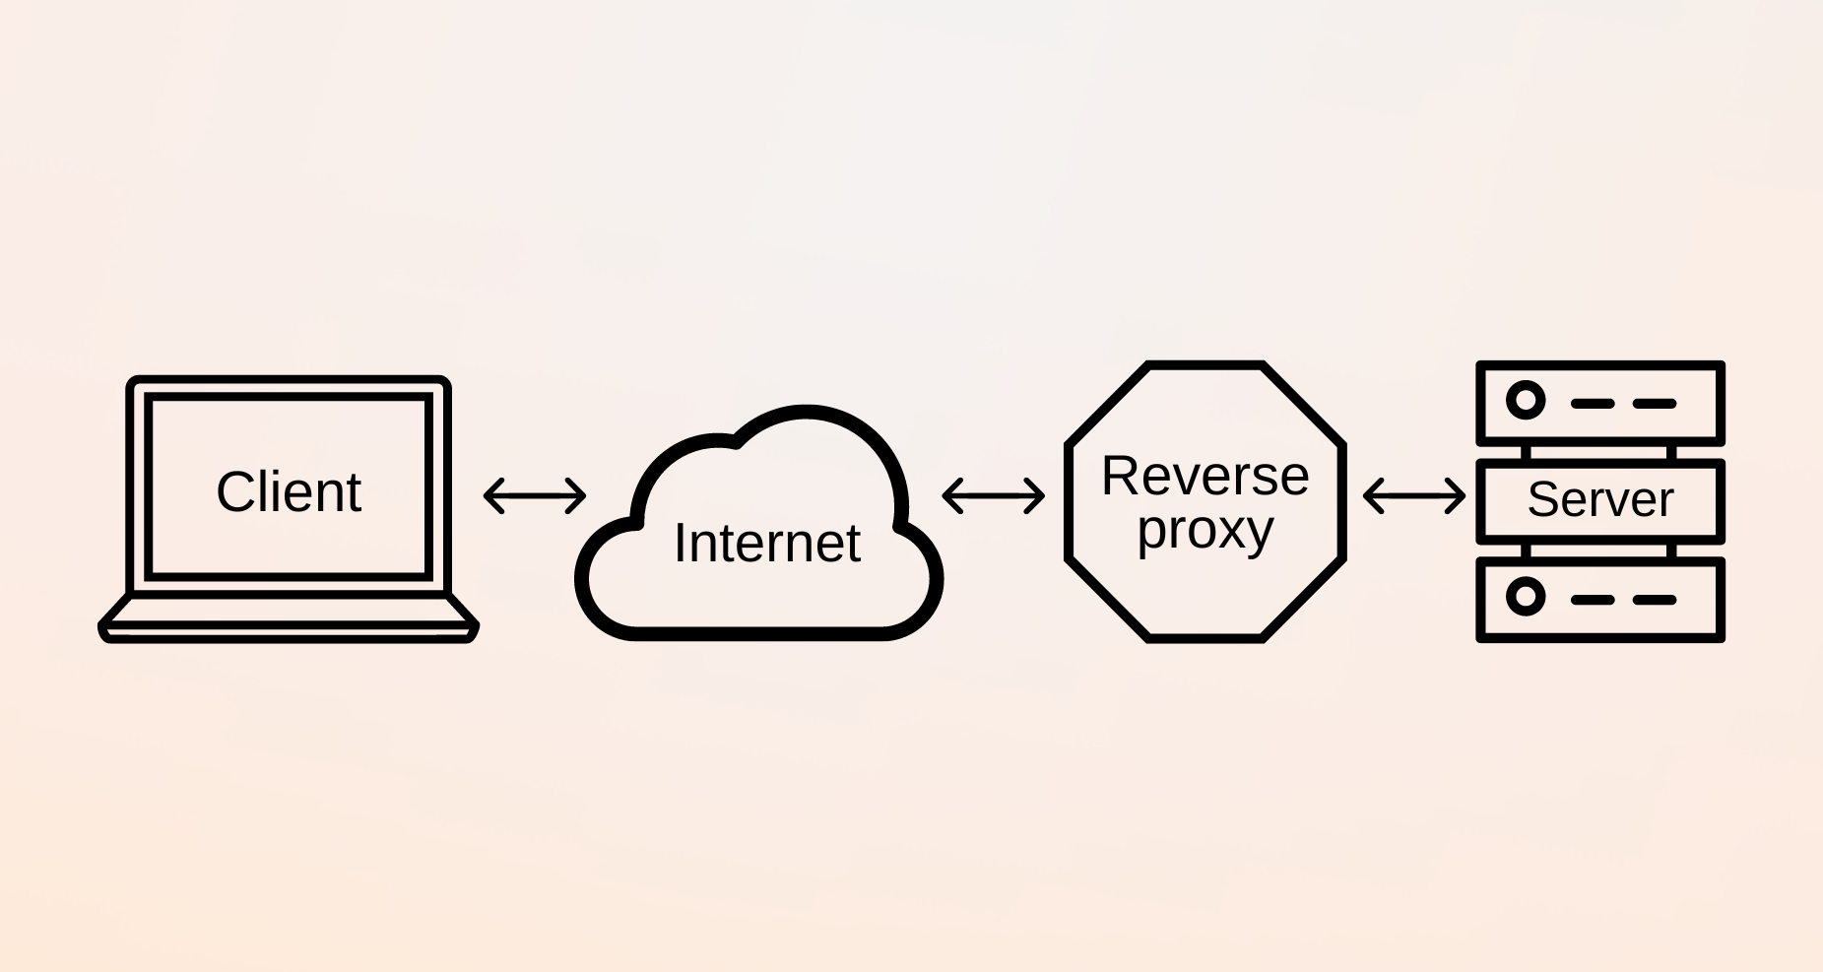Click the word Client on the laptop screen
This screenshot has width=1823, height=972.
click(289, 491)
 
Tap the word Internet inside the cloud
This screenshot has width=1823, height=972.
click(767, 543)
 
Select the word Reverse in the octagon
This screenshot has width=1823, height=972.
click(1204, 477)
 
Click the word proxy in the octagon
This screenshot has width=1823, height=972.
click(1204, 531)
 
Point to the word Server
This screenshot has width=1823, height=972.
click(1599, 499)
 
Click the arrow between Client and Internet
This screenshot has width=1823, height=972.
click(535, 495)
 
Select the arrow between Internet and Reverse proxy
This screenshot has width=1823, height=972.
click(993, 495)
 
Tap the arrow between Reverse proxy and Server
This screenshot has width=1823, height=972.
click(1414, 495)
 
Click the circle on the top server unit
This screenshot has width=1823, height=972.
click(1526, 401)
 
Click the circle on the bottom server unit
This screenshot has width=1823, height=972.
click(1526, 597)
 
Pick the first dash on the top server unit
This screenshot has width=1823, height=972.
click(1592, 404)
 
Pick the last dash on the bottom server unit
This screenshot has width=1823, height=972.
click(1654, 600)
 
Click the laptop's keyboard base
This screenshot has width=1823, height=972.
click(289, 619)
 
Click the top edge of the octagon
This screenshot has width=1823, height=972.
click(1204, 366)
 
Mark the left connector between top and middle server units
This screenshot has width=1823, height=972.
click(1527, 452)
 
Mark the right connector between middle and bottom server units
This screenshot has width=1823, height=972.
click(1671, 551)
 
